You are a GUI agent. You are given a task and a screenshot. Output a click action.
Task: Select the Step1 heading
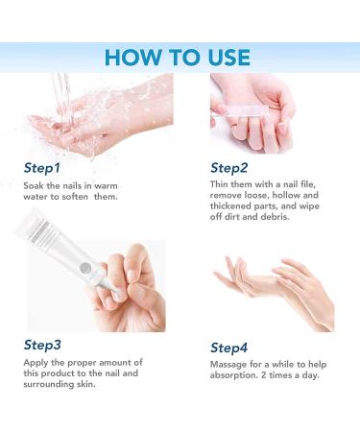[x=42, y=168]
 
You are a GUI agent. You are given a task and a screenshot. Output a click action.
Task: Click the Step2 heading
[x=229, y=168]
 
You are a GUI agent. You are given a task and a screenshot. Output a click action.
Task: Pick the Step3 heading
[x=42, y=345]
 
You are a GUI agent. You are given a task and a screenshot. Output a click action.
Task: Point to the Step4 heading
[x=229, y=348]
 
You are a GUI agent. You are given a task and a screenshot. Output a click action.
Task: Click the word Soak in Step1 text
[x=34, y=185]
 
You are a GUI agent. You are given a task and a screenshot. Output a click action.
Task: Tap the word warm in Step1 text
[x=106, y=186]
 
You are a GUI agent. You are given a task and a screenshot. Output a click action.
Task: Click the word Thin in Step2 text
[x=219, y=184]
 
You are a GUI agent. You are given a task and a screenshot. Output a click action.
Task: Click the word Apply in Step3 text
[x=36, y=363]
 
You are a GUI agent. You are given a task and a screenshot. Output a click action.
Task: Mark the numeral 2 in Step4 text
[x=264, y=374]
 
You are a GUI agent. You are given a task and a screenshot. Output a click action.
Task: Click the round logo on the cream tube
[x=85, y=267]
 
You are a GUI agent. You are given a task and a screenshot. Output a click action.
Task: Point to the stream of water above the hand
[x=62, y=96]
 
